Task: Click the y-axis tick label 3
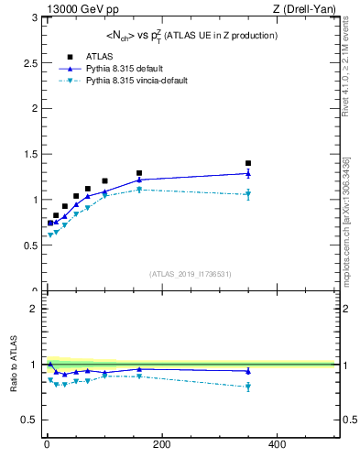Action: (33, 17)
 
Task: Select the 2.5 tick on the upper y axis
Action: (29, 63)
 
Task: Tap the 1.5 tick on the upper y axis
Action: (29, 154)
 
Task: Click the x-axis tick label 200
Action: (161, 444)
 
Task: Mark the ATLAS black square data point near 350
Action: (248, 163)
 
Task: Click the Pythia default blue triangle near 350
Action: (248, 172)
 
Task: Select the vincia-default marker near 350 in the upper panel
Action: (248, 194)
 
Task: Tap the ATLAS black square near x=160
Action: (139, 173)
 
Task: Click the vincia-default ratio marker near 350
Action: (248, 387)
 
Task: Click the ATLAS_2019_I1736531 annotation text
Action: (191, 274)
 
